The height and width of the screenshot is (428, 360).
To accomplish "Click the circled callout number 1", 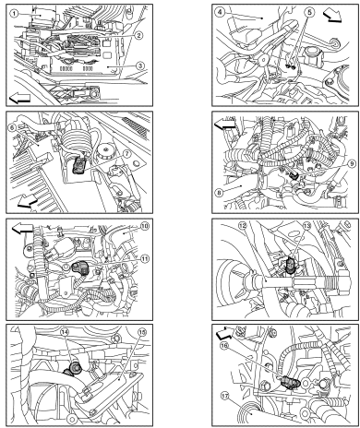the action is point(14,13).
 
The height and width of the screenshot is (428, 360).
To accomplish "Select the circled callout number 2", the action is point(138,35).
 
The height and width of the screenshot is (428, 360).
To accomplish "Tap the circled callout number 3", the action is point(140,65).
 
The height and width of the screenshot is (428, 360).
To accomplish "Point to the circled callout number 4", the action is point(221,13).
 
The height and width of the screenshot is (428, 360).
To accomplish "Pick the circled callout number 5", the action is point(309,12).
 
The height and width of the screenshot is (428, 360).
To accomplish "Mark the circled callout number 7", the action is point(127,153).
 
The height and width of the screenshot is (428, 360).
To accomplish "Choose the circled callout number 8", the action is point(219,193).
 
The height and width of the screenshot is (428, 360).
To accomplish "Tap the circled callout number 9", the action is point(352,163).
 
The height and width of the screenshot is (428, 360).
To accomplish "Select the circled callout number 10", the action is point(144,226).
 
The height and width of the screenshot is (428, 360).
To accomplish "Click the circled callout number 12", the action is point(243,226).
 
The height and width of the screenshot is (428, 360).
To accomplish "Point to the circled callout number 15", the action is point(142,332).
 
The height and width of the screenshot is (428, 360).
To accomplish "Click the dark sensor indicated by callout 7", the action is point(78,164).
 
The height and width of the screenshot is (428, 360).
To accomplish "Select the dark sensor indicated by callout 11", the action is point(78,268).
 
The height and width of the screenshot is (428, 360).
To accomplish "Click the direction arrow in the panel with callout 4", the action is point(333,16).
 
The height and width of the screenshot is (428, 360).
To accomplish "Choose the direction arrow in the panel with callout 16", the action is point(225,332).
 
